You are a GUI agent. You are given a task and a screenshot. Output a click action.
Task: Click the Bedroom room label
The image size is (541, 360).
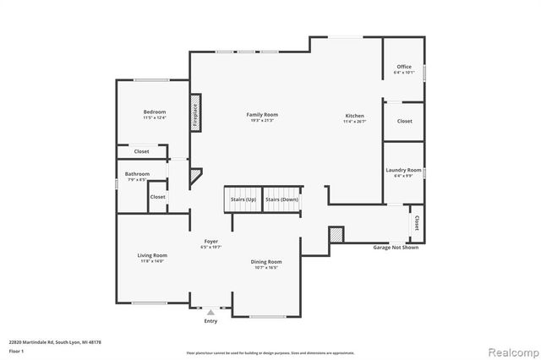[x=154, y=112]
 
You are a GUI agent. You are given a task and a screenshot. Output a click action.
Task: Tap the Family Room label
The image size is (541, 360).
[x=262, y=115]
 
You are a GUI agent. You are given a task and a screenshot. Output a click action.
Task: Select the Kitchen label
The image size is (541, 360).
[x=354, y=115]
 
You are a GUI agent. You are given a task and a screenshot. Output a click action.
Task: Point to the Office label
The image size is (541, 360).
[x=403, y=68]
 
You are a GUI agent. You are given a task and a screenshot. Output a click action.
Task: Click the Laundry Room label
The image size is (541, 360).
[x=403, y=170]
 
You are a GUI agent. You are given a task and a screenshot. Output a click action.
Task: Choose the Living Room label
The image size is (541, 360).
[x=153, y=255]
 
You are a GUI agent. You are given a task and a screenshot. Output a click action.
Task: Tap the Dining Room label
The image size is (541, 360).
[x=265, y=262]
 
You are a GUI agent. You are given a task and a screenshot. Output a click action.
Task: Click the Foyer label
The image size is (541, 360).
[x=210, y=242]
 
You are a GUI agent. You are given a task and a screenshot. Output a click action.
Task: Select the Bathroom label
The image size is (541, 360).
[x=137, y=174]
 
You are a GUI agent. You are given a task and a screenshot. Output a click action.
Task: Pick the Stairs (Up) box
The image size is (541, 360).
[x=243, y=200]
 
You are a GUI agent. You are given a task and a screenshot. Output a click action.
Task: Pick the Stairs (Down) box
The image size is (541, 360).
[x=282, y=200]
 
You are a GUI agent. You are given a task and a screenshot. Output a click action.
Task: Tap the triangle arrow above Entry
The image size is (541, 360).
[x=210, y=313]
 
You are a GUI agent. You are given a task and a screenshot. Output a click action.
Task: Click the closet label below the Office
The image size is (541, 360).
[x=405, y=122]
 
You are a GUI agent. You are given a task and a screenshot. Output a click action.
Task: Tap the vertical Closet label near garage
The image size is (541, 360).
[x=417, y=223]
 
